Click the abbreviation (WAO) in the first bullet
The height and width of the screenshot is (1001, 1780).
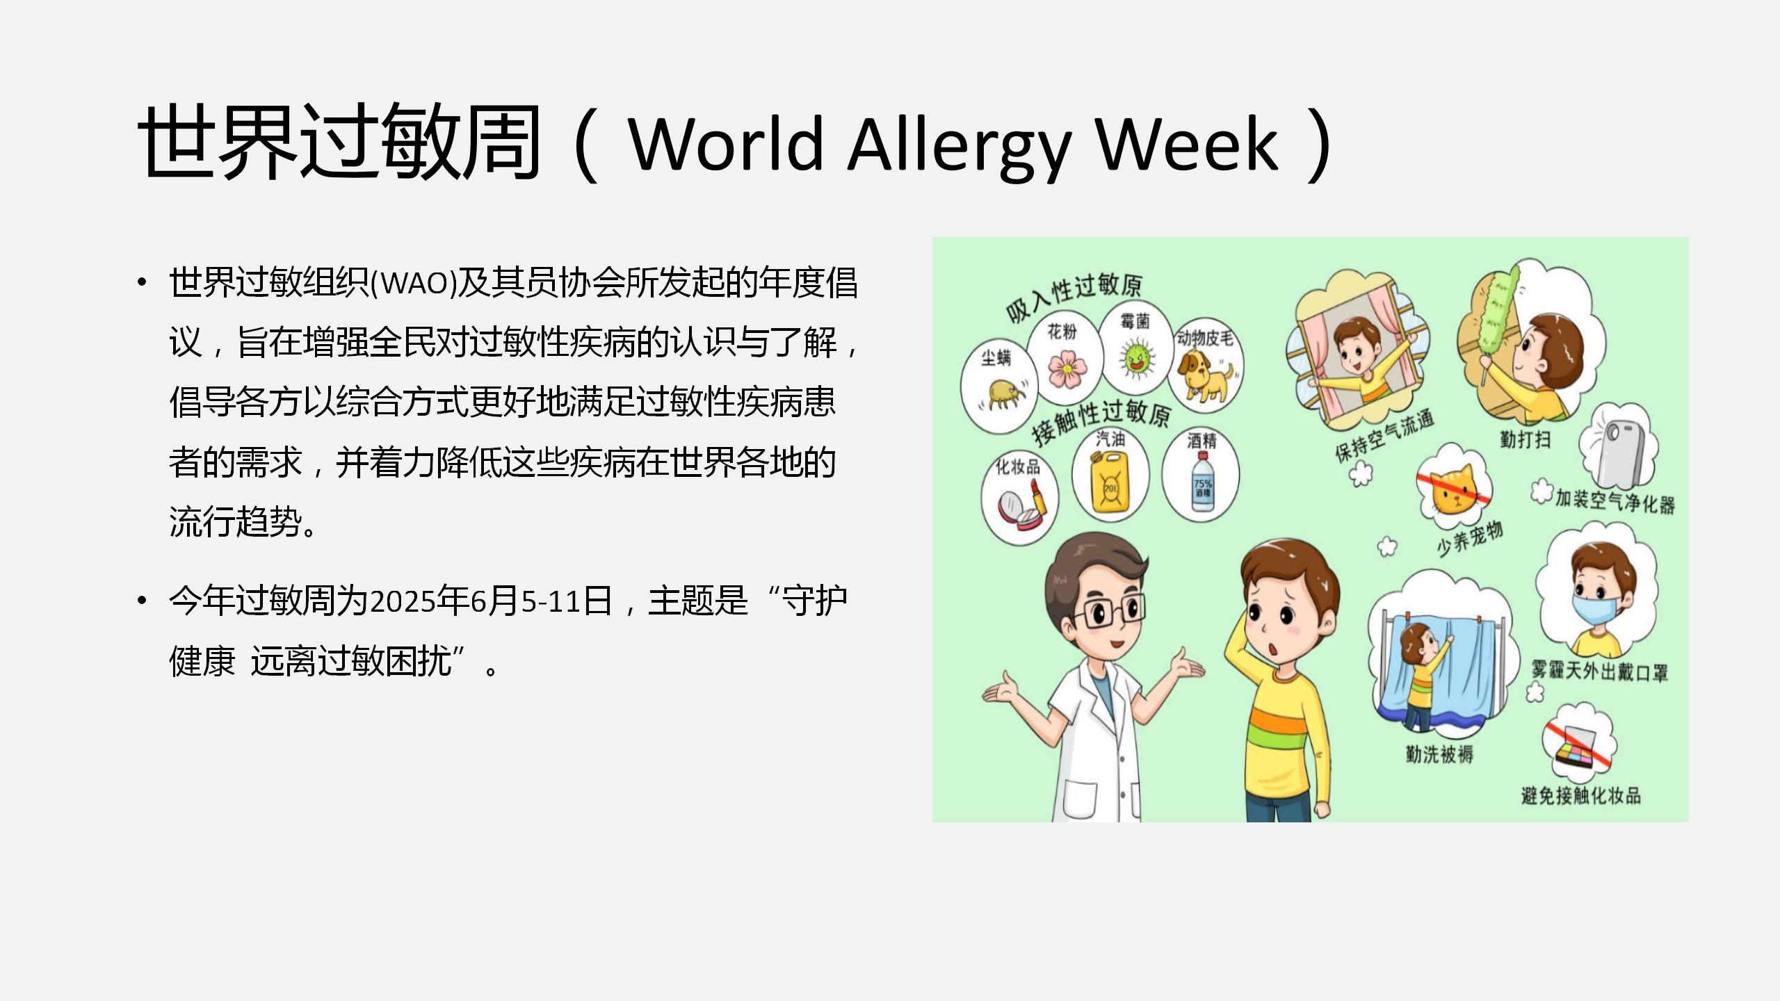pyautogui.click(x=414, y=283)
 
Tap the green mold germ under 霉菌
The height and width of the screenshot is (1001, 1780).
pyautogui.click(x=1136, y=358)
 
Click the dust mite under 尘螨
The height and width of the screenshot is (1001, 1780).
pyautogui.click(x=1003, y=394)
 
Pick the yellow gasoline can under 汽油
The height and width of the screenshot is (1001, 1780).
pyautogui.click(x=1110, y=484)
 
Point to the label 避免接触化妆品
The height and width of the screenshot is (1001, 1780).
pyautogui.click(x=1581, y=795)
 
